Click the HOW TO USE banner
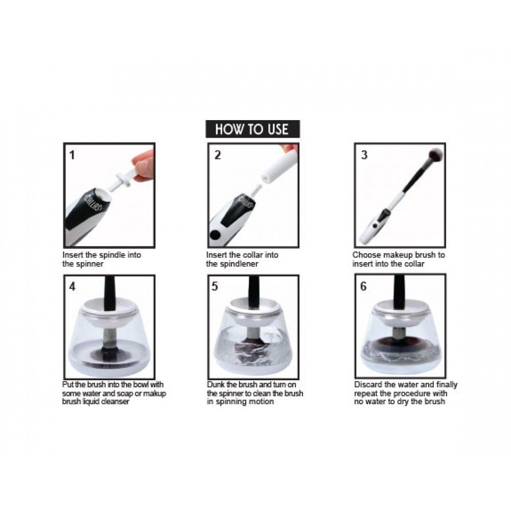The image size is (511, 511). pyautogui.click(x=252, y=129)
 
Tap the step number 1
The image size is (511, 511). pyautogui.click(x=72, y=155)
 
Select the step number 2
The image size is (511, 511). pyautogui.click(x=217, y=155)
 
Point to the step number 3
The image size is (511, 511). pyautogui.click(x=364, y=155)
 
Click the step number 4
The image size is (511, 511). pyautogui.click(x=72, y=287)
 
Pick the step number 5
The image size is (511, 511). pyautogui.click(x=215, y=287)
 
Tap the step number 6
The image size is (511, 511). pyautogui.click(x=363, y=287)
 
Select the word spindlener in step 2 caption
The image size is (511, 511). pyautogui.click(x=242, y=264)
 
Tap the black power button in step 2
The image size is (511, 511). pyautogui.click(x=215, y=235)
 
